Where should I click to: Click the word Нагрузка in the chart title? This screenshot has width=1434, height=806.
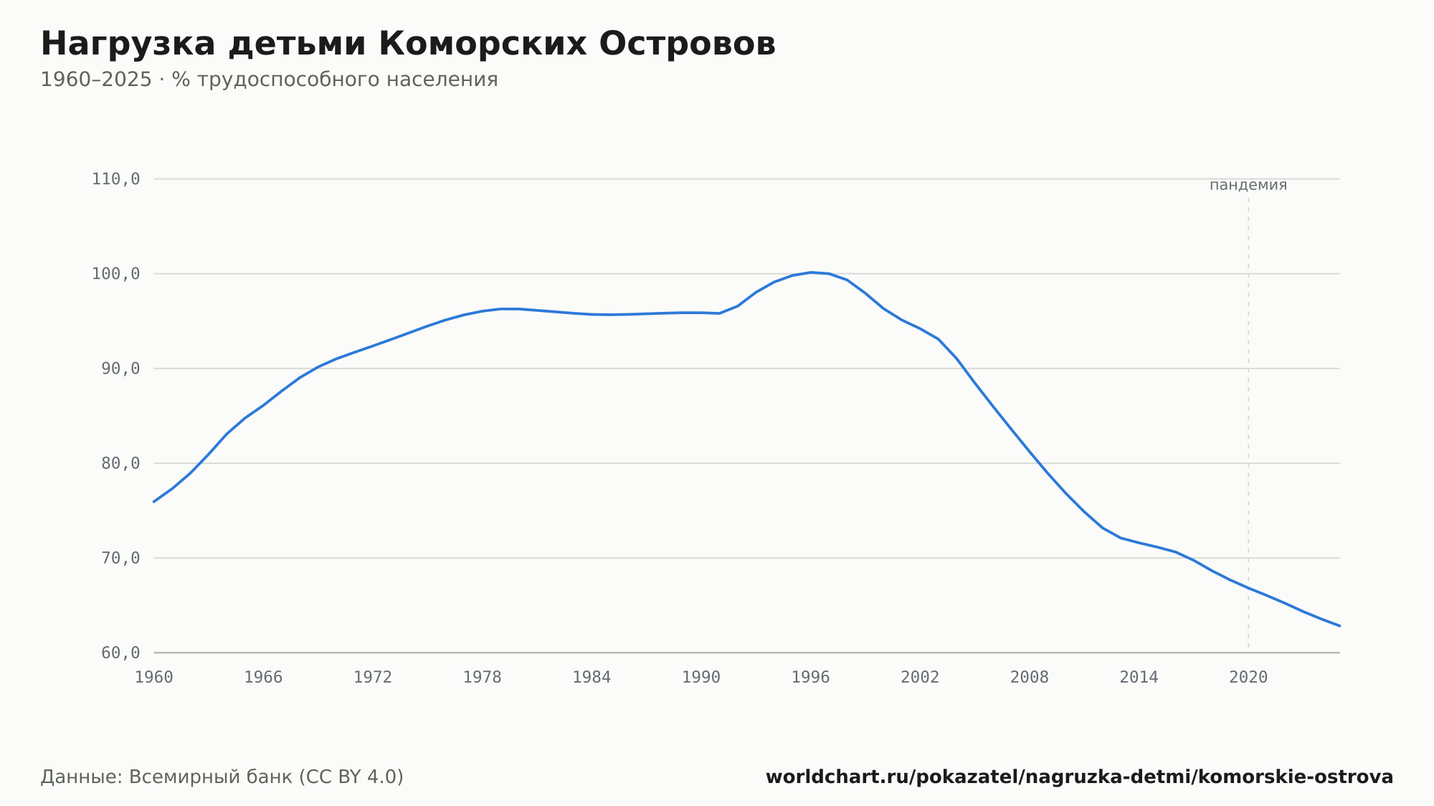(128, 45)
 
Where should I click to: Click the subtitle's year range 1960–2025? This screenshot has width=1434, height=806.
(96, 80)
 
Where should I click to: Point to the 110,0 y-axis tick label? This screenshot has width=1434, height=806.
(115, 179)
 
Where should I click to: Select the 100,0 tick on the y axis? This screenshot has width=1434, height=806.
(115, 274)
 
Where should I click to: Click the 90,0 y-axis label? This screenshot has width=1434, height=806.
(120, 369)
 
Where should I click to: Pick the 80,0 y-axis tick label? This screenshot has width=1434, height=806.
(120, 463)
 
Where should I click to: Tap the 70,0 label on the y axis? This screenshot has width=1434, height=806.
(120, 558)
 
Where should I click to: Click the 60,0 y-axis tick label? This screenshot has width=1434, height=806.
(120, 653)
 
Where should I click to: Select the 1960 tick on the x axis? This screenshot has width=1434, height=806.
(154, 678)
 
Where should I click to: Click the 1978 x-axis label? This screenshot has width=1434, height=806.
(483, 678)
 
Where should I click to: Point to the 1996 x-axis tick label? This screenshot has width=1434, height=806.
(811, 678)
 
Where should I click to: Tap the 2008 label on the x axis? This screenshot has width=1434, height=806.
(1030, 678)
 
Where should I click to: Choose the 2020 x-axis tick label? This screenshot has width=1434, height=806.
(1248, 678)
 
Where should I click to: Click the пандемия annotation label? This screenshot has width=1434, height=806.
(1248, 186)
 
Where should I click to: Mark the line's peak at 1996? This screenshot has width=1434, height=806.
(811, 272)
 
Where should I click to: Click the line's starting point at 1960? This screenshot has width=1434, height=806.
(154, 501)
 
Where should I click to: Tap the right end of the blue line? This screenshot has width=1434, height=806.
(1339, 626)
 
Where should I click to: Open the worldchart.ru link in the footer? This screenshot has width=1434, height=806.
(1079, 777)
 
